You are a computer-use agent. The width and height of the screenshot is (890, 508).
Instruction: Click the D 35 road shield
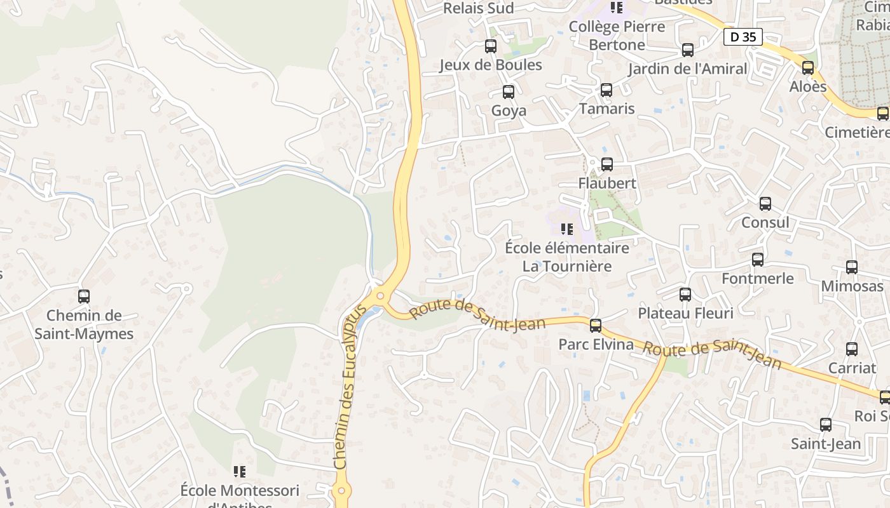pyautogui.click(x=743, y=37)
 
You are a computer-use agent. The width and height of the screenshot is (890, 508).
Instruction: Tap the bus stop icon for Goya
pyautogui.click(x=509, y=92)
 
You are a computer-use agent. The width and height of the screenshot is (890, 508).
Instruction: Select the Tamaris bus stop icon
pyautogui.click(x=606, y=90)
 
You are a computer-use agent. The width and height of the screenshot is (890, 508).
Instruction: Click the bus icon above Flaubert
pyautogui.click(x=607, y=164)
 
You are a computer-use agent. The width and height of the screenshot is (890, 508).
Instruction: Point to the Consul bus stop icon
pyautogui.click(x=765, y=204)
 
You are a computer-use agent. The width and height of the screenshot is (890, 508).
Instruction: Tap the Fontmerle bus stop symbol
pyautogui.click(x=758, y=260)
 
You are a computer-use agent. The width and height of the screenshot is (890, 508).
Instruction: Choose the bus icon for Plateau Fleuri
pyautogui.click(x=685, y=295)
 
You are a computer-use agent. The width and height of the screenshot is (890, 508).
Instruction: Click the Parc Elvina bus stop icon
pyautogui.click(x=596, y=326)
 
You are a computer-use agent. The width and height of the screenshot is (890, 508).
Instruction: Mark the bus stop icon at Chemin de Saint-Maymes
pyautogui.click(x=84, y=297)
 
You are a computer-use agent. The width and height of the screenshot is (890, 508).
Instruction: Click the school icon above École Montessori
pyautogui.click(x=240, y=471)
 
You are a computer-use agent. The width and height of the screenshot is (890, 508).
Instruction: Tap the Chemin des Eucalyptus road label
pyautogui.click(x=350, y=387)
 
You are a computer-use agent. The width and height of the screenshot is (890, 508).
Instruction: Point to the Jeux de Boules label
pyautogui.click(x=491, y=65)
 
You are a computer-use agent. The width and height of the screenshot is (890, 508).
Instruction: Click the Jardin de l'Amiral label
pyautogui.click(x=687, y=69)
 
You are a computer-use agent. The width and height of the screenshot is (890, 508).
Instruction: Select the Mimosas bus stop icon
pyautogui.click(x=852, y=267)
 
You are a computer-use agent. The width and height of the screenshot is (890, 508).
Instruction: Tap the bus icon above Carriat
pyautogui.click(x=852, y=349)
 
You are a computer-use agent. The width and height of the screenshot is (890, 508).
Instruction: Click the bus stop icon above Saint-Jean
pyautogui.click(x=826, y=425)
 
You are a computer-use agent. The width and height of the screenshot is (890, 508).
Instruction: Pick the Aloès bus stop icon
pyautogui.click(x=808, y=68)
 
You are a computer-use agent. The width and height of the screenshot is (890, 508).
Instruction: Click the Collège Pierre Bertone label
pyautogui.click(x=617, y=36)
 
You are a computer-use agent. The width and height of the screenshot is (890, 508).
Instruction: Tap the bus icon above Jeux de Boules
pyautogui.click(x=491, y=46)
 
